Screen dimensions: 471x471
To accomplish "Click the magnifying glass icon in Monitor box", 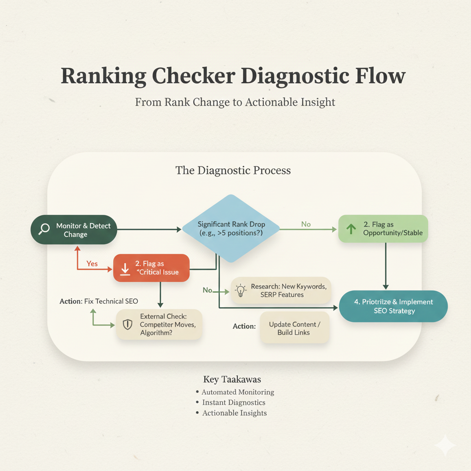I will point(44,229).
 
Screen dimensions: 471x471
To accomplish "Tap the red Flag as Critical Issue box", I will point(151,268).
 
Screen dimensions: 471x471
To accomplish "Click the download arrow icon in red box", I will point(125,269).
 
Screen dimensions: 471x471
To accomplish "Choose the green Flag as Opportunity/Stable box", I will point(383,229).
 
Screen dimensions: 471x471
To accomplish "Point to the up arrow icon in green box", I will point(351,229).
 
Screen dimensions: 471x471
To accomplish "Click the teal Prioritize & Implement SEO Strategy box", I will point(393,306).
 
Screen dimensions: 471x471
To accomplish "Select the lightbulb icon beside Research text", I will point(240,291).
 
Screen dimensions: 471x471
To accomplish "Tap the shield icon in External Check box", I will point(127,324).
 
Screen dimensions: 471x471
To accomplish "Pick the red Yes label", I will point(92,264).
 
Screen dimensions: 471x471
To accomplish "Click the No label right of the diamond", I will point(306,224).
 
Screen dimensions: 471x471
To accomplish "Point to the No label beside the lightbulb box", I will point(207,290).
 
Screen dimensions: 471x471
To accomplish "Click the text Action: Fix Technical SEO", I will point(98,301).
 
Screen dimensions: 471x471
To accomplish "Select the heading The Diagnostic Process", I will point(233,171).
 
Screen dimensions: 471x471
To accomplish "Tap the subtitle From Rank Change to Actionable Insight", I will point(235,102).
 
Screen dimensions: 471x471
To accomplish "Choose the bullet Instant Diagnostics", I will point(233,402).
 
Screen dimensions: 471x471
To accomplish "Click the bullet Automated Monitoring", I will point(237,392).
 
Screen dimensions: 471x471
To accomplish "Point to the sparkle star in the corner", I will point(445,445).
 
